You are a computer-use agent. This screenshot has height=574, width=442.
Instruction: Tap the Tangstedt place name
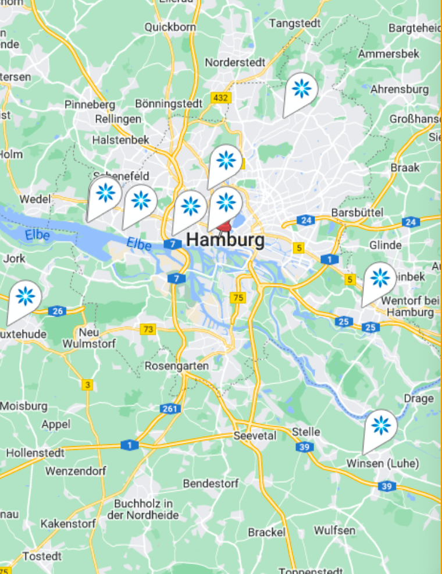pyautogui.click(x=295, y=23)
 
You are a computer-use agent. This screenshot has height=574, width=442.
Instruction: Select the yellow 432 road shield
pyautogui.click(x=220, y=98)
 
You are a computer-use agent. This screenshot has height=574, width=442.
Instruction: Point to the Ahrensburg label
pyautogui.click(x=400, y=90)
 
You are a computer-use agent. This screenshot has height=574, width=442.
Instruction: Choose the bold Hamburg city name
pyautogui.click(x=226, y=239)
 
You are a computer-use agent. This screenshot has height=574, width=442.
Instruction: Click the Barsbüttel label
pyautogui.click(x=357, y=213)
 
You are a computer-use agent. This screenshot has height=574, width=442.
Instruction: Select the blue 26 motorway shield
pyautogui.click(x=56, y=311)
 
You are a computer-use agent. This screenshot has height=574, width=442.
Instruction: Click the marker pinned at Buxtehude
pyautogui.click(x=25, y=297)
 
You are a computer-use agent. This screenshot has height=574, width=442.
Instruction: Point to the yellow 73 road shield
pyautogui.click(x=148, y=329)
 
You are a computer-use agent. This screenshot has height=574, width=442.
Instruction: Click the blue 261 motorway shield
pyautogui.click(x=170, y=409)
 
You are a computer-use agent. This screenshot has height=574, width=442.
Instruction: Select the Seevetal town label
pyautogui.click(x=255, y=435)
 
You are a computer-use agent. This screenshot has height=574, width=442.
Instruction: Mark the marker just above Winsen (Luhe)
pyautogui.click(x=381, y=426)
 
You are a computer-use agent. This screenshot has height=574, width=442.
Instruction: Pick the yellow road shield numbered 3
pyautogui.click(x=87, y=384)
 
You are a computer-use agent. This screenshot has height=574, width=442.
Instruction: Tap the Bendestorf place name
pyautogui.click(x=211, y=484)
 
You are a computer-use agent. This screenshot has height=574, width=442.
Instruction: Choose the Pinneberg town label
pyautogui.click(x=90, y=105)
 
